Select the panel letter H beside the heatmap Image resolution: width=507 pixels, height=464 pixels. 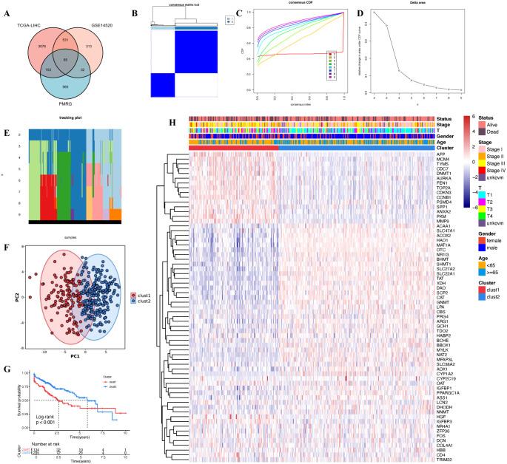[x=172, y=104]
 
